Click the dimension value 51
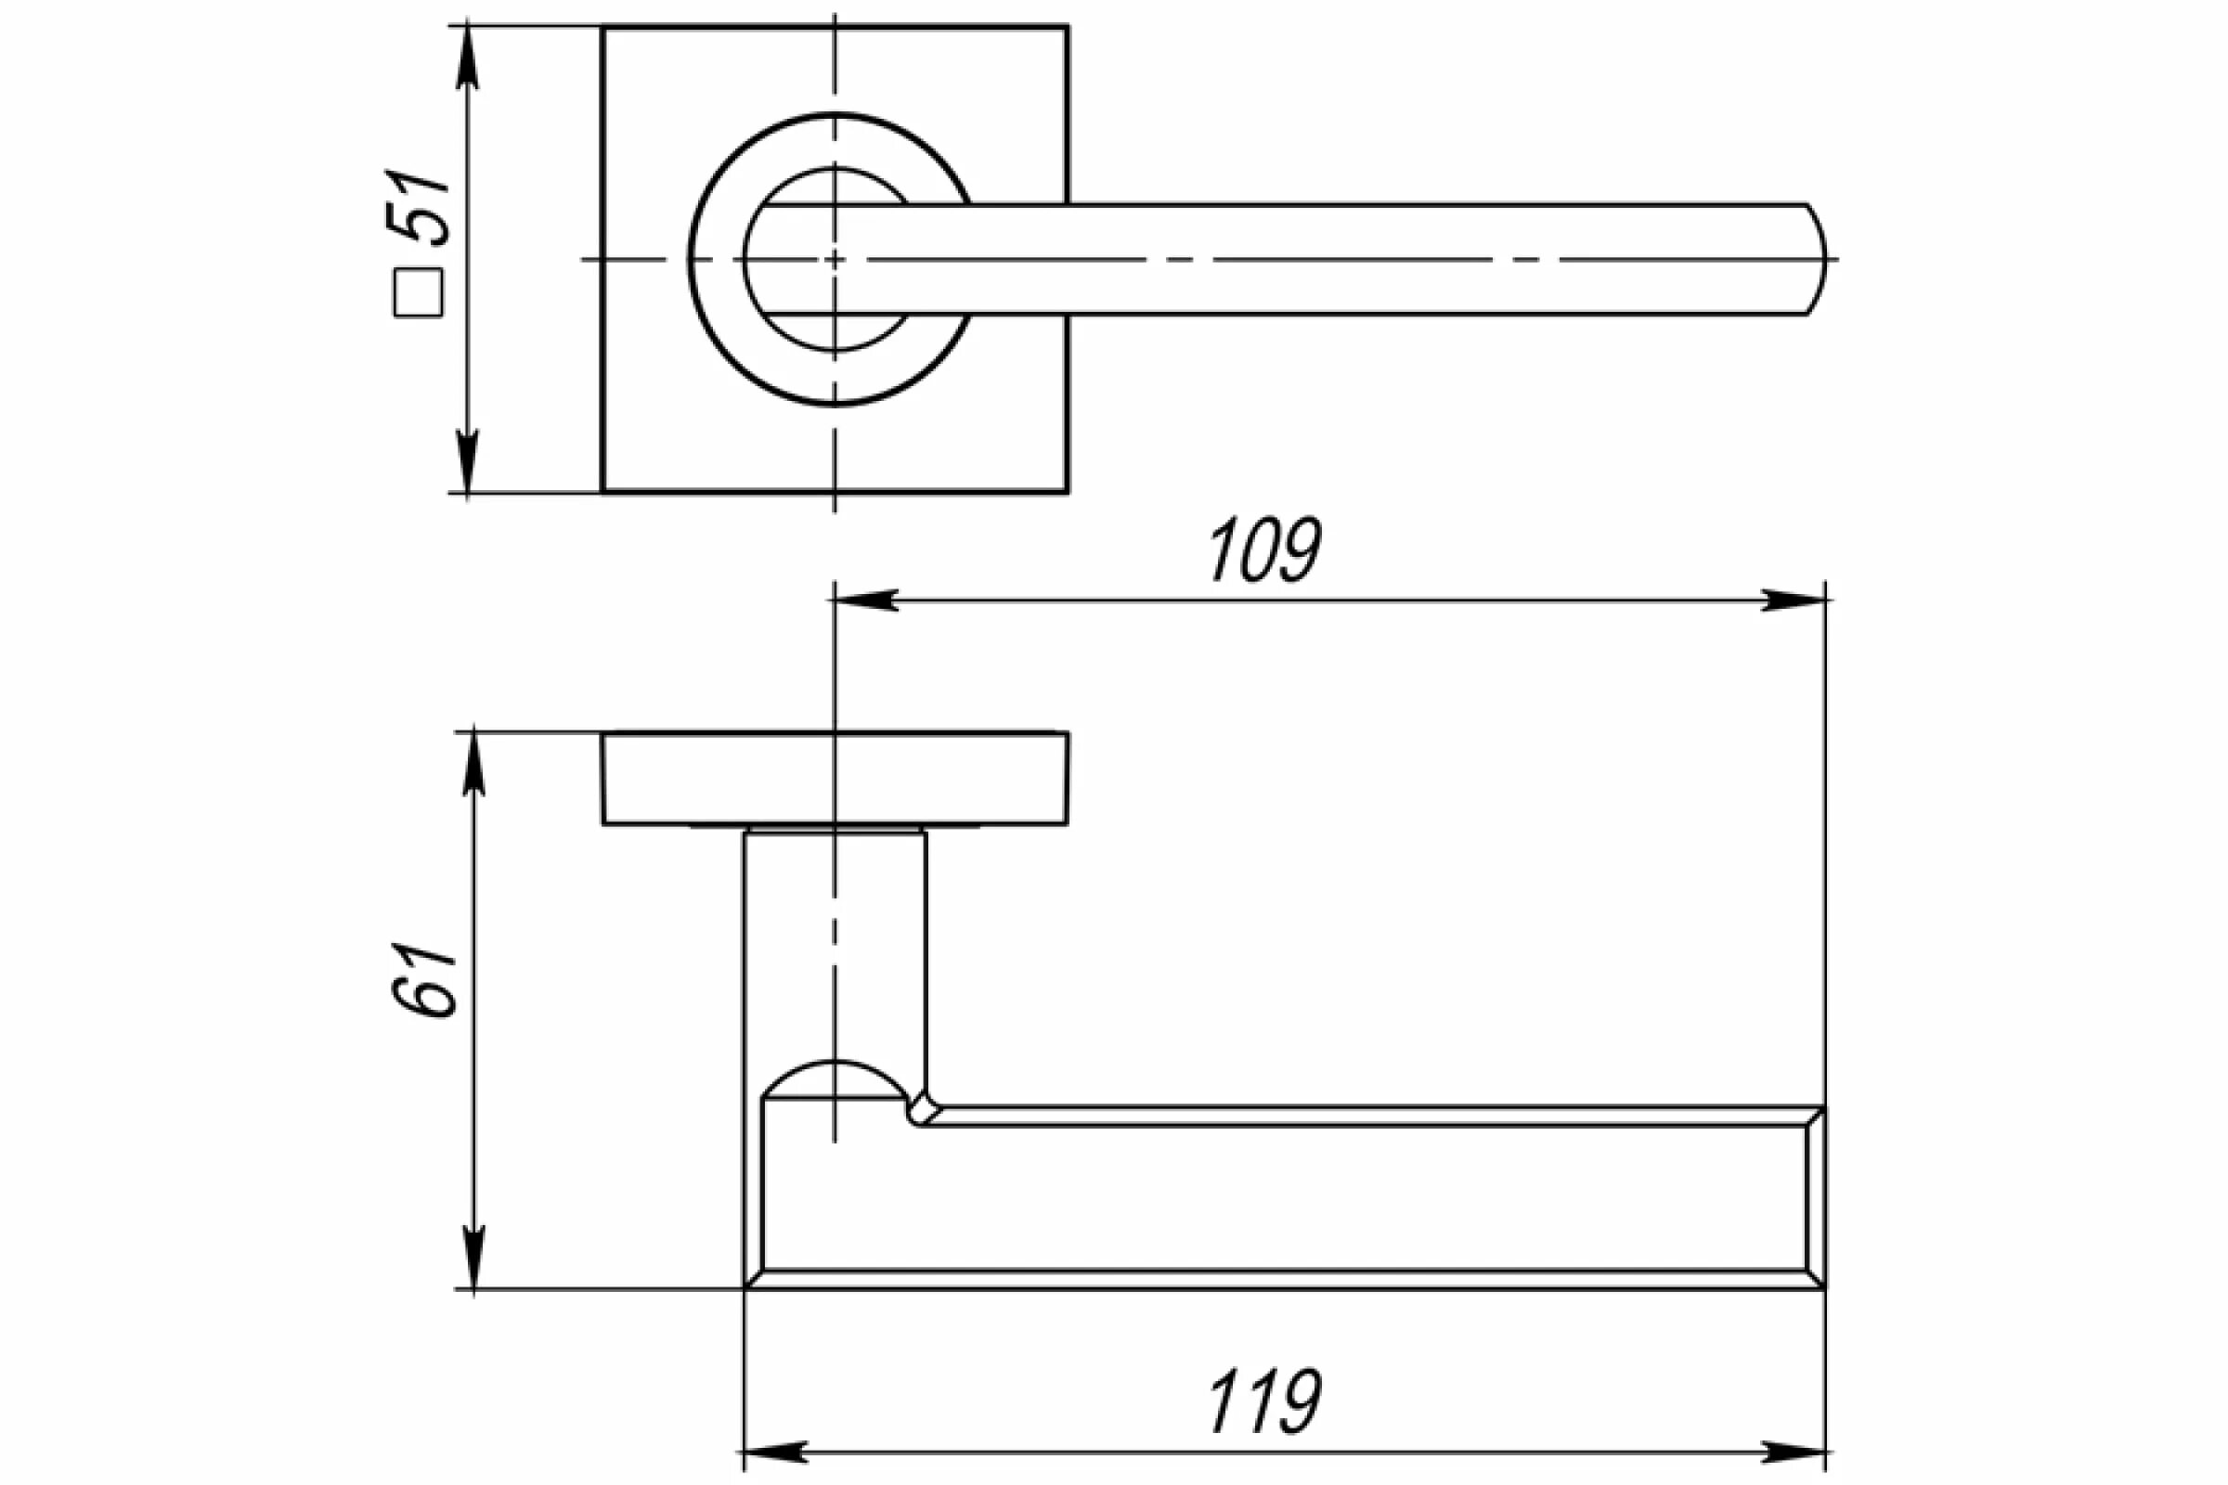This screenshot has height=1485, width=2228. [418, 208]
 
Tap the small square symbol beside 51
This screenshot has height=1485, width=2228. [418, 292]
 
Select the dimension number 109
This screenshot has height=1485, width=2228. [1264, 550]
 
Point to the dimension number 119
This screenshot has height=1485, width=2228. [1264, 1402]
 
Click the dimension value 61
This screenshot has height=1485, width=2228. [422, 980]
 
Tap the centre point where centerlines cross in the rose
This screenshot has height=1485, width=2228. [834, 259]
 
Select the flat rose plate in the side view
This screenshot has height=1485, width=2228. [835, 779]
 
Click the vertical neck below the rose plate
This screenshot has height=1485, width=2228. [835, 947]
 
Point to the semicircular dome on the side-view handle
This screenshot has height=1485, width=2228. [834, 1080]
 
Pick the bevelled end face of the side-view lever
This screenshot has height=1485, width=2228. [1814, 1198]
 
